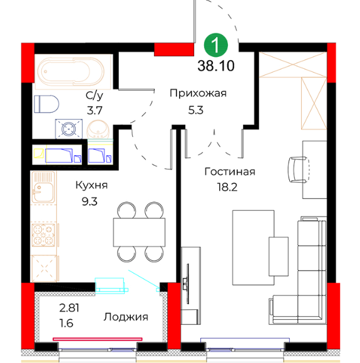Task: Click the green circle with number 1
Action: (x=215, y=45)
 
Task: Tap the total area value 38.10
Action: (x=216, y=66)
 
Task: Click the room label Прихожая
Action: (x=198, y=93)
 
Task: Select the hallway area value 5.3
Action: (x=196, y=110)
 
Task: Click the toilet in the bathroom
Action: (x=46, y=104)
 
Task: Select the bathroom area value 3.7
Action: (x=95, y=110)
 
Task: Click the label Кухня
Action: (x=92, y=185)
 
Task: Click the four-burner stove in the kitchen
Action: (x=43, y=235)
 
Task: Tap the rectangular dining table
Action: (x=139, y=232)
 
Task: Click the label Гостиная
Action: (x=230, y=171)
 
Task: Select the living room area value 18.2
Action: (x=227, y=187)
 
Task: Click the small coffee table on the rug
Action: (x=279, y=257)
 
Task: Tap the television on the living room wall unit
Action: (x=186, y=284)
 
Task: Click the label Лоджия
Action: (x=126, y=317)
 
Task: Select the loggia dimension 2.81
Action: (x=69, y=308)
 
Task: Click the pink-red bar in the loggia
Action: (x=98, y=339)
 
